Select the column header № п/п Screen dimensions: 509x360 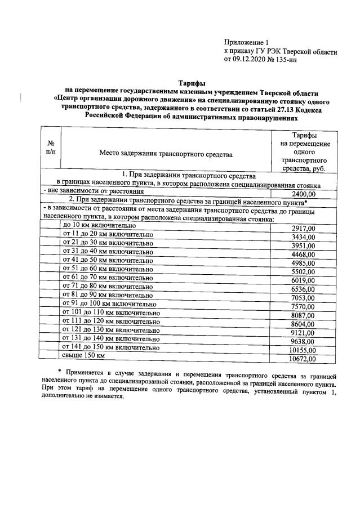pyautogui.click(x=50, y=148)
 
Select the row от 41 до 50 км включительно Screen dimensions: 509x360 pyautogui.click(x=107, y=261)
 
